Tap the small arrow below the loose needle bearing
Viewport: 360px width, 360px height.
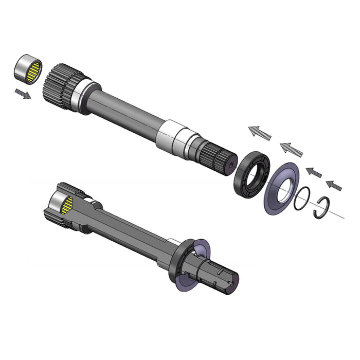point(22,94)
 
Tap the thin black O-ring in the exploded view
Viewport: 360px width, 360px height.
point(302,198)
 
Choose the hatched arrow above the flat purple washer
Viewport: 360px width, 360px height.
point(292,150)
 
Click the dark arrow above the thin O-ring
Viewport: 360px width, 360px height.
point(314,172)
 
